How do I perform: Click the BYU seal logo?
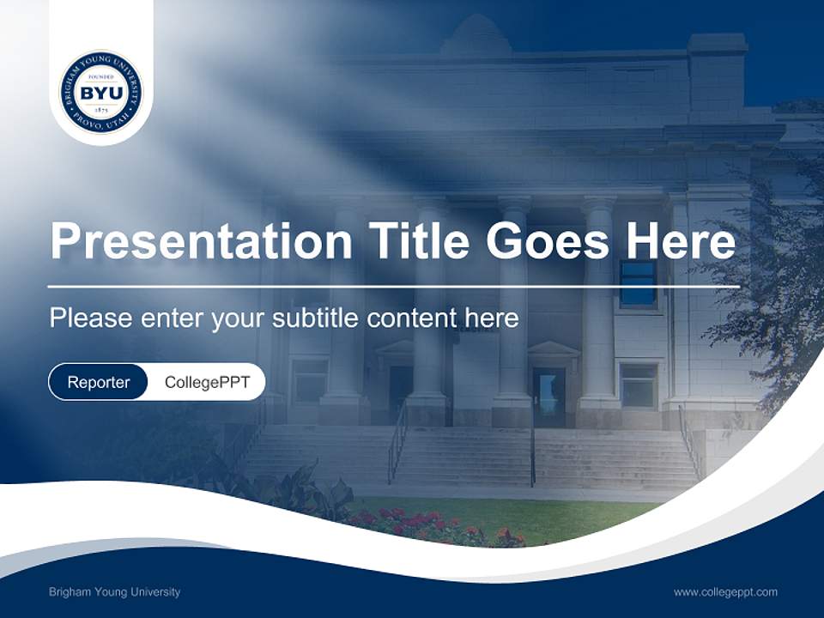101,91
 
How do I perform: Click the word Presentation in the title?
201,241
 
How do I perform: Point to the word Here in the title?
680,240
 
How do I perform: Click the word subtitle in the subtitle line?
316,318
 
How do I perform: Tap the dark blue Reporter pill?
98,382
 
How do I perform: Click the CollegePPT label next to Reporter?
207,382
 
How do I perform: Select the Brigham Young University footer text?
115,592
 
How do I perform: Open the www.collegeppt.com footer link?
725,592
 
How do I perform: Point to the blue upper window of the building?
638,283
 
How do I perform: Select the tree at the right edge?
772,292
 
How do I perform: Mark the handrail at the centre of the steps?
533,455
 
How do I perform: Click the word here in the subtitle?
491,318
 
